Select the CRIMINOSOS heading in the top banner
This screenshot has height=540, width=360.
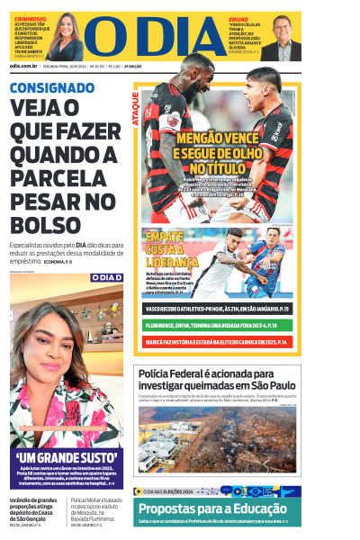pyautogui.click(x=28, y=18)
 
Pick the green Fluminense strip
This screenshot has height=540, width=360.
pyautogui.click(x=216, y=325)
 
